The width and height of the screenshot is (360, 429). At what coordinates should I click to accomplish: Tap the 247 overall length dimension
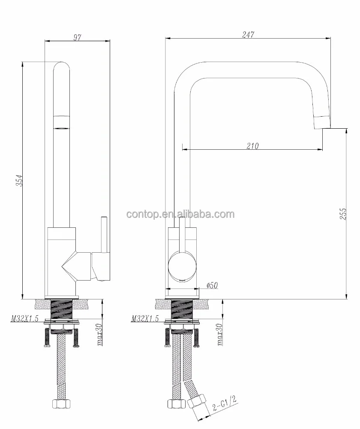pyautogui.click(x=248, y=34)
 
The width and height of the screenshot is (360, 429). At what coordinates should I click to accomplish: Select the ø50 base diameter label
pyautogui.click(x=213, y=285)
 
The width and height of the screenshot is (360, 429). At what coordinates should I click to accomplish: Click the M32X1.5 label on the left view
pyautogui.click(x=24, y=318)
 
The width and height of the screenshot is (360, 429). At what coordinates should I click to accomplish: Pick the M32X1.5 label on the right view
pyautogui.click(x=145, y=318)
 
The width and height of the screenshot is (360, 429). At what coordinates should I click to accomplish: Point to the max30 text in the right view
pyautogui.click(x=220, y=334)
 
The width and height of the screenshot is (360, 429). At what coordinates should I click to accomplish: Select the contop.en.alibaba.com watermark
pyautogui.click(x=180, y=214)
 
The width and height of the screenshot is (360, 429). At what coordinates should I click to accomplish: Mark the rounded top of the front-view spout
pyautogui.click(x=61, y=69)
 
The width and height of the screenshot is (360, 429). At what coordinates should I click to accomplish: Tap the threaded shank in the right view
pyautogui.click(x=182, y=310)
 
